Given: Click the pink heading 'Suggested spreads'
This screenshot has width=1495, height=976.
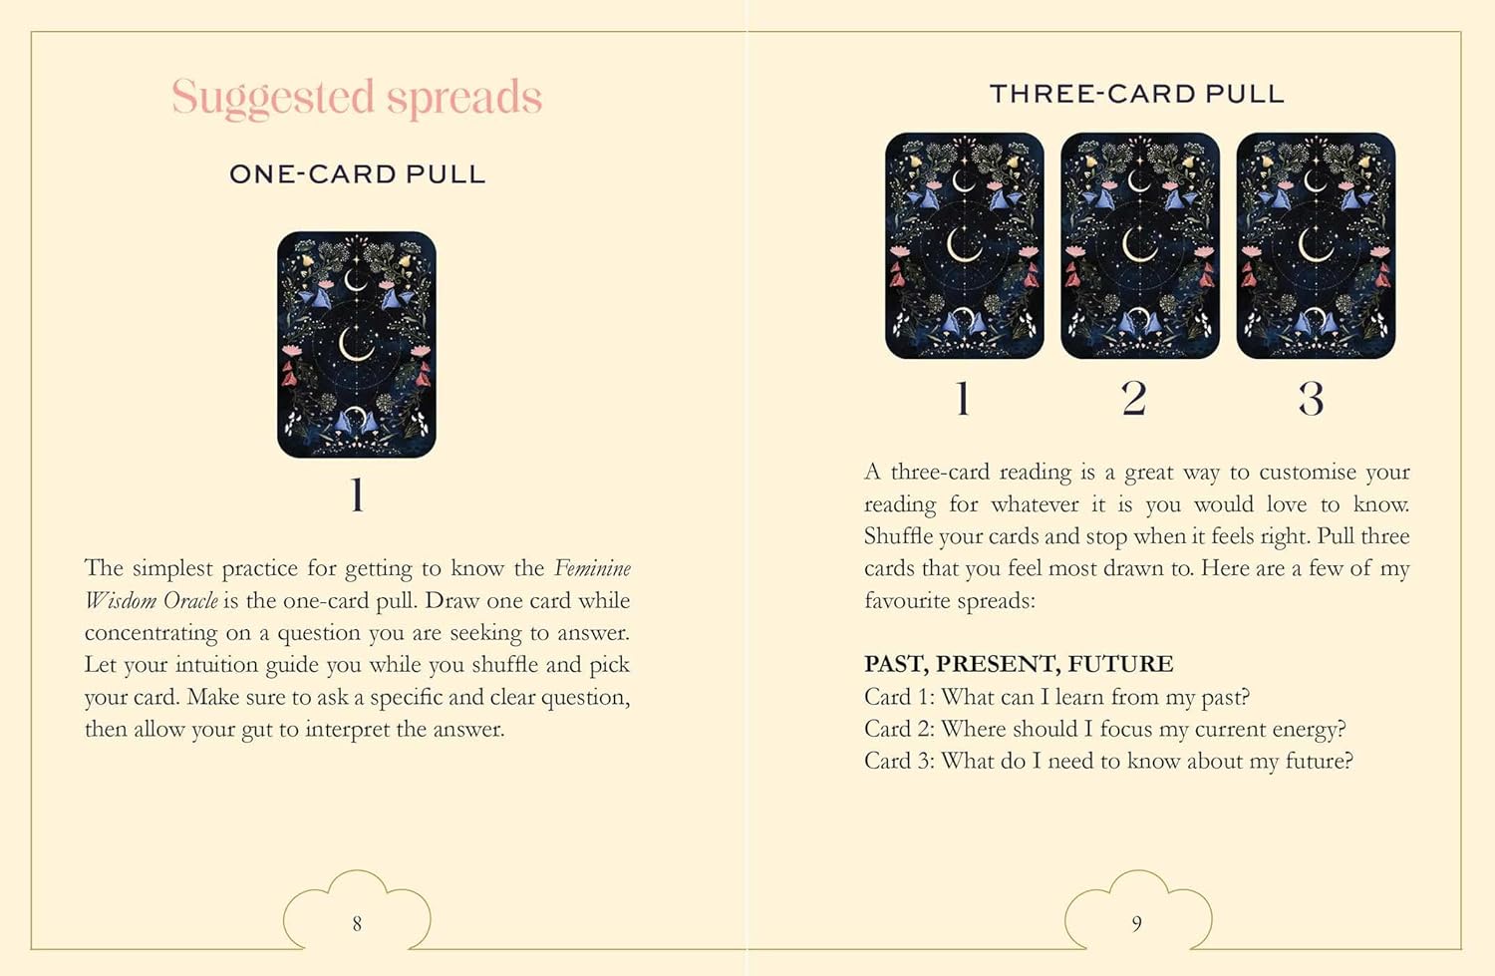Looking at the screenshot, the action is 357,98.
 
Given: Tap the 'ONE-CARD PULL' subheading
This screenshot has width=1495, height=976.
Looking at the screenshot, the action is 357,174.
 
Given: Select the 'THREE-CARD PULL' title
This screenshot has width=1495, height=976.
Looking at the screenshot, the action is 1137,94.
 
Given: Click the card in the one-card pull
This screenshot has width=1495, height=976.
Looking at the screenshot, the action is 357,345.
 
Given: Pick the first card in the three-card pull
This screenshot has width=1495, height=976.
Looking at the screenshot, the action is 965,245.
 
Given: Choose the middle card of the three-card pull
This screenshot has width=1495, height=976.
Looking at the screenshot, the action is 1140,245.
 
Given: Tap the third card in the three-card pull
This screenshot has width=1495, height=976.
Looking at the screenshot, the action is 1317,245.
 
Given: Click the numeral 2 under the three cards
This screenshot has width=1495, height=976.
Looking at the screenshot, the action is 1134,399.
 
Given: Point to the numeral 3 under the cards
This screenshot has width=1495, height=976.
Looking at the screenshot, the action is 1311,399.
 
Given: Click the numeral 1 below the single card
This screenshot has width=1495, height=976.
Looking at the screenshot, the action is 358,494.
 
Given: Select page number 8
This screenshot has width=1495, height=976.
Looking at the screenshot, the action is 357,923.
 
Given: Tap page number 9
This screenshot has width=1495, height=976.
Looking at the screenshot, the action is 1137,923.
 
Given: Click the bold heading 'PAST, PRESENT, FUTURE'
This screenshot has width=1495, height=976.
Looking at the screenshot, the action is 1019,664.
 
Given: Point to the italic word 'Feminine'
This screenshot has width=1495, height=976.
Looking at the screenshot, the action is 593,568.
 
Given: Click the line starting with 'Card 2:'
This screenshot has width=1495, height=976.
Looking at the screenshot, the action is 1104,729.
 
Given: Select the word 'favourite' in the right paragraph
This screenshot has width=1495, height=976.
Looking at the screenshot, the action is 904,600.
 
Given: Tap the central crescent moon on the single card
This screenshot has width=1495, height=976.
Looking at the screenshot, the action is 355,344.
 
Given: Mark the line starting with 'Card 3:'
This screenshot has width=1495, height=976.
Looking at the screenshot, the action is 1108,761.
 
